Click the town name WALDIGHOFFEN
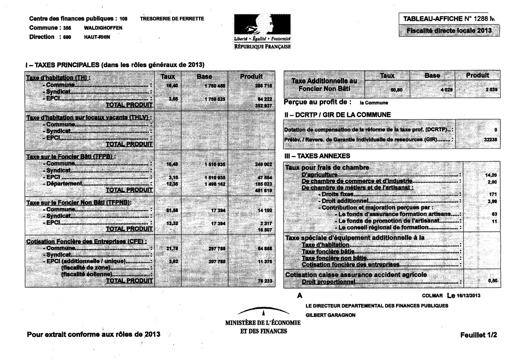[x=103, y=28]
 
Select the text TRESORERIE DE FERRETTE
[x=172, y=19]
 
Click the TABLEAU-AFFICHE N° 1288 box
[x=448, y=19]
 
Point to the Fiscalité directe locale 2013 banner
[x=449, y=31]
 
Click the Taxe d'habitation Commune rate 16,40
[x=172, y=86]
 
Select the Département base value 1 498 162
[x=215, y=184]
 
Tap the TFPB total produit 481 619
[x=264, y=190]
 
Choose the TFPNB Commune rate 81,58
[x=172, y=210]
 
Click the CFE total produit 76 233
[x=265, y=281]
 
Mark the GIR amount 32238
[x=491, y=140]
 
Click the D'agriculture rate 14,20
[x=491, y=175]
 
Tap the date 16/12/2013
[x=468, y=296]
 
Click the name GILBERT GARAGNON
[x=330, y=315]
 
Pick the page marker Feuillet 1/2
[x=478, y=335]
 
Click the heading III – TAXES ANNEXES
[x=317, y=156]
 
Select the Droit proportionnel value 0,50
[x=493, y=281]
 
